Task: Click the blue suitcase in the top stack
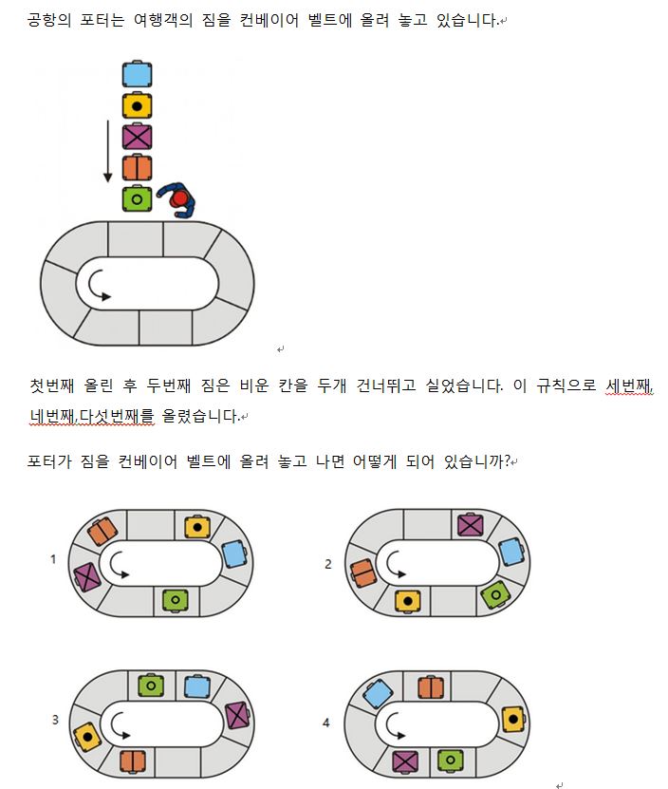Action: [x=138, y=74]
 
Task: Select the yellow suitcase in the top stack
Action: [x=138, y=105]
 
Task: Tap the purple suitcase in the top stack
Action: [x=138, y=137]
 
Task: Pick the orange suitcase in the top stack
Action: [x=138, y=168]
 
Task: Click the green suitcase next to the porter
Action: [x=138, y=199]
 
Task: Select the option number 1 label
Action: [x=53, y=559]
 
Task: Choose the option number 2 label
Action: [x=328, y=563]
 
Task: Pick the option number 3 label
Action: [x=55, y=720]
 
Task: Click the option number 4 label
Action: [x=326, y=723]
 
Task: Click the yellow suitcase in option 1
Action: [x=197, y=526]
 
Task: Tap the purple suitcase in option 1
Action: [x=87, y=577]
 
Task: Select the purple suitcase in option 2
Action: [x=472, y=525]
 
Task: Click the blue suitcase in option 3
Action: [x=197, y=686]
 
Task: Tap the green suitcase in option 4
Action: [x=450, y=760]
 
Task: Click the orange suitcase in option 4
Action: [x=432, y=686]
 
